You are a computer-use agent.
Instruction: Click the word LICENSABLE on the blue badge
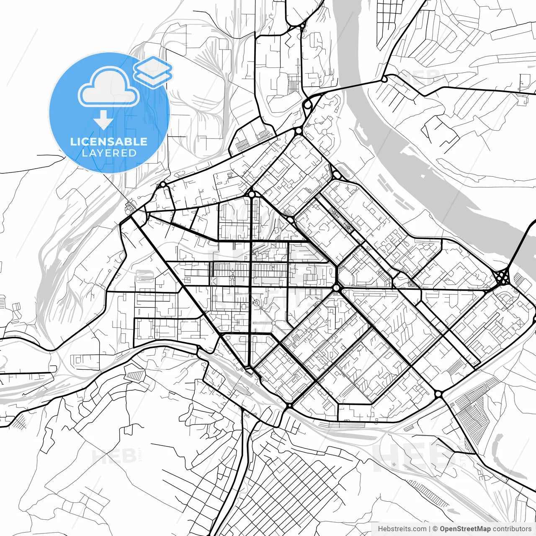click(109, 141)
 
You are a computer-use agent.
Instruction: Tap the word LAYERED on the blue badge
click(109, 153)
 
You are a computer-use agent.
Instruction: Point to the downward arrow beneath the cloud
click(103, 120)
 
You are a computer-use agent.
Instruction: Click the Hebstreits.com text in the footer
click(402, 529)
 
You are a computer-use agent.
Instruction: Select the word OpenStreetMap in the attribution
click(465, 529)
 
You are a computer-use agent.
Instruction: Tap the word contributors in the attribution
click(512, 529)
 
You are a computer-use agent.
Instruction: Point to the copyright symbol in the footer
click(435, 529)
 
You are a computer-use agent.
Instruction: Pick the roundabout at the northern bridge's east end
click(384, 78)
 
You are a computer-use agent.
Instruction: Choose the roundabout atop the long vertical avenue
click(251, 194)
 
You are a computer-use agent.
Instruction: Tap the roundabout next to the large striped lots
click(438, 394)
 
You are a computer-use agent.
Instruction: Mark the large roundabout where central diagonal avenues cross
click(336, 288)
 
